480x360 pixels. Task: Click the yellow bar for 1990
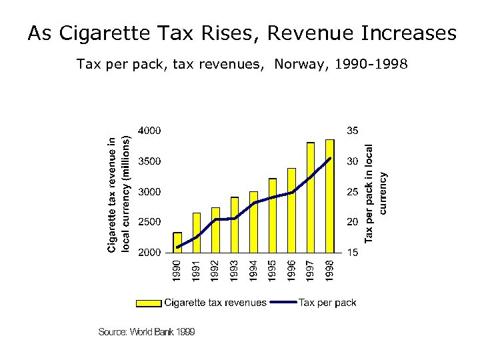coord(177,242)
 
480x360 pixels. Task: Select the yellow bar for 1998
coord(329,197)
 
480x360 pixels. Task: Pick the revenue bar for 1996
coord(291,211)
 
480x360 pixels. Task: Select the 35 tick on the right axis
coord(353,131)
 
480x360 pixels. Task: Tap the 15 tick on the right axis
coord(353,253)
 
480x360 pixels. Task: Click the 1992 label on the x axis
coord(215,270)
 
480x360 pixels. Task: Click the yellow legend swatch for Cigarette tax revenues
coord(149,303)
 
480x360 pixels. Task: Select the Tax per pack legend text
coord(327,303)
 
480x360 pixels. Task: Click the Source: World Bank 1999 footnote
coord(147,331)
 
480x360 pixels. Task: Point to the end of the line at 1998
coord(330,159)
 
